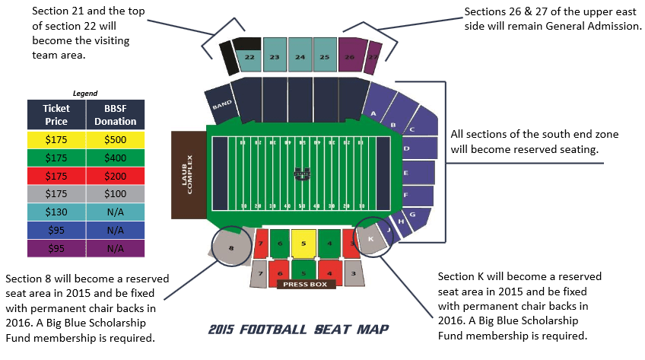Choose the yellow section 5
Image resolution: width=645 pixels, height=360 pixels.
[x=303, y=243]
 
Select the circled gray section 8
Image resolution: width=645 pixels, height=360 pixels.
[x=231, y=248]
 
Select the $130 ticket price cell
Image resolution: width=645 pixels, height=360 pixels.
[x=56, y=212]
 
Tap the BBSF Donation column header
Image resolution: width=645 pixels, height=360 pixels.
[x=116, y=115]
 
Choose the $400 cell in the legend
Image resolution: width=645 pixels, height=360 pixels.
[x=116, y=157]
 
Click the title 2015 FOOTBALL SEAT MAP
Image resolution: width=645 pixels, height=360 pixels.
[x=299, y=330]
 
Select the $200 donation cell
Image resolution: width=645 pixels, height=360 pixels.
[x=116, y=175]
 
